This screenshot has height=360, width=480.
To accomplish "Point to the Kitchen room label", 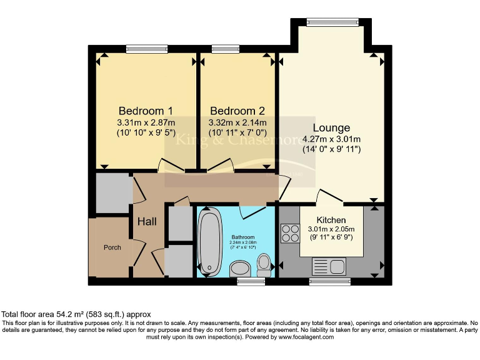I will [331, 220].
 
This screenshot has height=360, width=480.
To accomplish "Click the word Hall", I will [147, 221].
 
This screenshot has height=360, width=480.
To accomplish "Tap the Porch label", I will [112, 247].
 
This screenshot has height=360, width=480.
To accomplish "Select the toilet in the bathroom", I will [264, 264].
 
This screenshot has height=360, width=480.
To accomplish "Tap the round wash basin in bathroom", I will [239, 269].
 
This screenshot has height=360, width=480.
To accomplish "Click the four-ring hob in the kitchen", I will [290, 233].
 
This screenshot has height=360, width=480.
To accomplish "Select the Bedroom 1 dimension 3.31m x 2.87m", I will [146, 122].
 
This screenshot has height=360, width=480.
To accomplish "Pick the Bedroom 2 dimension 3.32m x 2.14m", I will [237, 122].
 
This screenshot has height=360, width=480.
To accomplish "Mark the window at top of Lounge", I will [332, 22].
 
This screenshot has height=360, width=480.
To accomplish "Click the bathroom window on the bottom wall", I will [251, 282].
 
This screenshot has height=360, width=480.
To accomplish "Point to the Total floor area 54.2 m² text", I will [76, 314].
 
